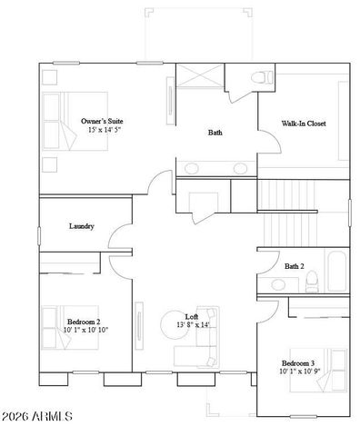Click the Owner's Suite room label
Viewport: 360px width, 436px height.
pos(102,121)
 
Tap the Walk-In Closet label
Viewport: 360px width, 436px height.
pos(304,124)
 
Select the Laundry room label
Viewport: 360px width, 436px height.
pos(82,226)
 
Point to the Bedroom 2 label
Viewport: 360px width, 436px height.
pos(84,322)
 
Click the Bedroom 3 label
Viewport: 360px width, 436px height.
pos(299,363)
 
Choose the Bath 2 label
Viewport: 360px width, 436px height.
pos(294,267)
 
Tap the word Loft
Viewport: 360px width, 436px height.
pos(192,316)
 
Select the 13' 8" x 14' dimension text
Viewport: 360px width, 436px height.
pos(193,325)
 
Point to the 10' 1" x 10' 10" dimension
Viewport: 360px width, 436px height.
pos(85,331)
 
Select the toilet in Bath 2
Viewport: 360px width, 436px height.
pos(309,284)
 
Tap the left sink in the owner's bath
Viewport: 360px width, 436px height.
pos(193,168)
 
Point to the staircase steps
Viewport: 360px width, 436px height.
pos(295,213)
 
